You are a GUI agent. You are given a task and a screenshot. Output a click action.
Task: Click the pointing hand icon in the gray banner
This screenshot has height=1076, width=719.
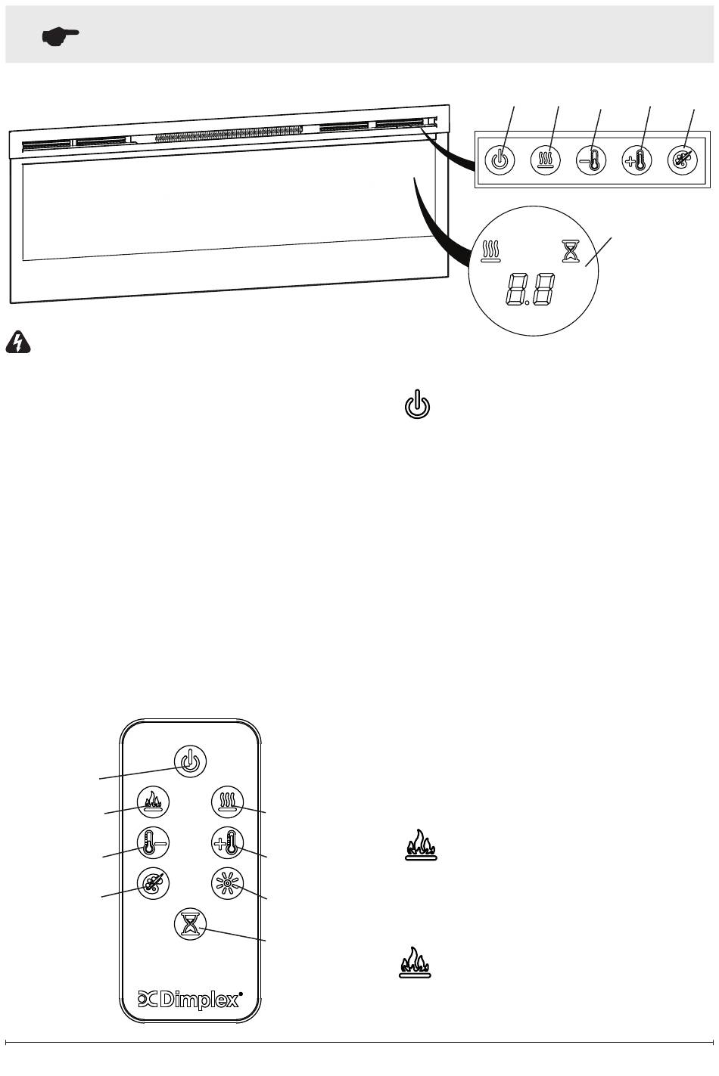coord(61,36)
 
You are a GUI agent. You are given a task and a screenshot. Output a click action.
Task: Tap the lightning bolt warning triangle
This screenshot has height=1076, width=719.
coord(18,342)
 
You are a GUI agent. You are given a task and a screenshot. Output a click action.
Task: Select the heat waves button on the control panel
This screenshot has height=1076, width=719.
coord(546,160)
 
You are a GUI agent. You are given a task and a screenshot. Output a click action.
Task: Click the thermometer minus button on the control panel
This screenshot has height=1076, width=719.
coord(590,160)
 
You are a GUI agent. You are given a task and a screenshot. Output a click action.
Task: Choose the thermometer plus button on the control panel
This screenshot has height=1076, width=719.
coord(637,160)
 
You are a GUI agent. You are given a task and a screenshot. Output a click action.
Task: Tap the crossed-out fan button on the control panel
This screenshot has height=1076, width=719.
coord(683,160)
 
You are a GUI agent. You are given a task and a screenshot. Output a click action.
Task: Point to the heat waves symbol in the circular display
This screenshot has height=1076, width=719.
coord(490,250)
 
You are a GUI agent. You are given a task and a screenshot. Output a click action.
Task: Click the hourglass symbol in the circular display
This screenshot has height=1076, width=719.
coord(571,250)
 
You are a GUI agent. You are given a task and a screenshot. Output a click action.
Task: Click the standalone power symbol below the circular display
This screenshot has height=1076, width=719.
coord(417,404)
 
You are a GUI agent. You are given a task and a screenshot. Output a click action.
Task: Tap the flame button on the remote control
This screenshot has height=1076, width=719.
coord(153,802)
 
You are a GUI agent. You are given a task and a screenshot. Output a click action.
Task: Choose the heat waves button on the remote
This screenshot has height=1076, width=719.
coord(228,802)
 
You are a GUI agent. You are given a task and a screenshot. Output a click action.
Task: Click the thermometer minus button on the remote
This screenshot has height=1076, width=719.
coord(153,843)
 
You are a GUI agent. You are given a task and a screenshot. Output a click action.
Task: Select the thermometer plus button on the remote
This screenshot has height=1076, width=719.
coord(228,843)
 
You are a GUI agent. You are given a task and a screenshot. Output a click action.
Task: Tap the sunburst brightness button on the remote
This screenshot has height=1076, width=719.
coord(228,883)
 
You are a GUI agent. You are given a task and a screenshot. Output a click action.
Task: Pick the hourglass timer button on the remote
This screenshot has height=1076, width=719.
coord(190,924)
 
